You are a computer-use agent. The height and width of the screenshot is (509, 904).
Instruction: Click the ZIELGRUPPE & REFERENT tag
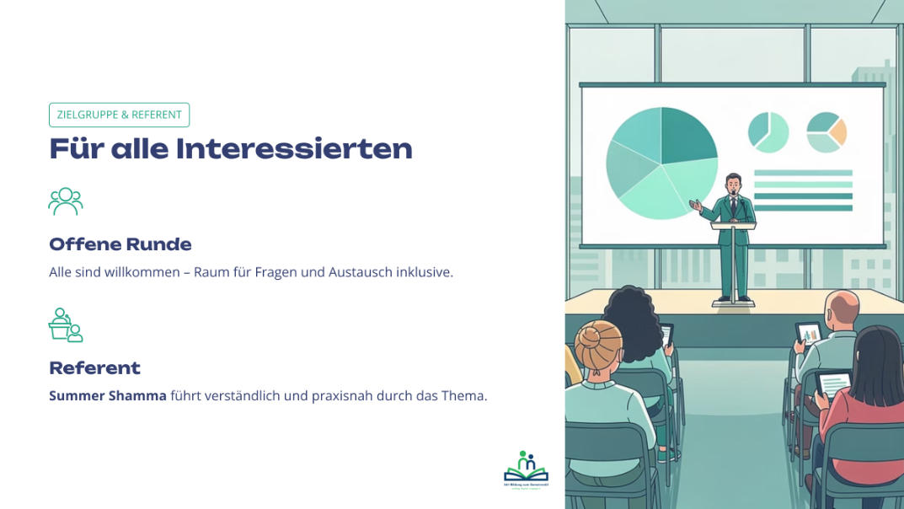[x=119, y=115]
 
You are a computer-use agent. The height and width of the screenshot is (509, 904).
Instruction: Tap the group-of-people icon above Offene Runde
[x=66, y=201]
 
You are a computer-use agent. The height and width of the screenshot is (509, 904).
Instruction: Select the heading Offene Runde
[x=120, y=244]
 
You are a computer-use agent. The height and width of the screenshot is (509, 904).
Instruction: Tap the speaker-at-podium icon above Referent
[x=66, y=325]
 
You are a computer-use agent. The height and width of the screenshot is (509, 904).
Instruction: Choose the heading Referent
[x=94, y=368]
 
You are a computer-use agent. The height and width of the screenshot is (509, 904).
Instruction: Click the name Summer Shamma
[x=108, y=395]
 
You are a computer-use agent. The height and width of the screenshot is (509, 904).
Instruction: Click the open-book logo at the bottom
[x=526, y=468]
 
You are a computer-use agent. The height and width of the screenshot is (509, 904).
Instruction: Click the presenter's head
[x=733, y=183]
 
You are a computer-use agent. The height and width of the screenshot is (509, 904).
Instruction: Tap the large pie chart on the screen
[x=661, y=163]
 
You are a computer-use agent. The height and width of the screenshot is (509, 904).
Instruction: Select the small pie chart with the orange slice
[x=826, y=132]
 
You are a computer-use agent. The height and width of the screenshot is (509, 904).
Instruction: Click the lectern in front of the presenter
[x=733, y=253]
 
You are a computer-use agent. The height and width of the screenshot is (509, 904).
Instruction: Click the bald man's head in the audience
[x=842, y=309]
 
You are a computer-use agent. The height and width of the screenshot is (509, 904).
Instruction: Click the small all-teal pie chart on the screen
[x=768, y=132]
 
